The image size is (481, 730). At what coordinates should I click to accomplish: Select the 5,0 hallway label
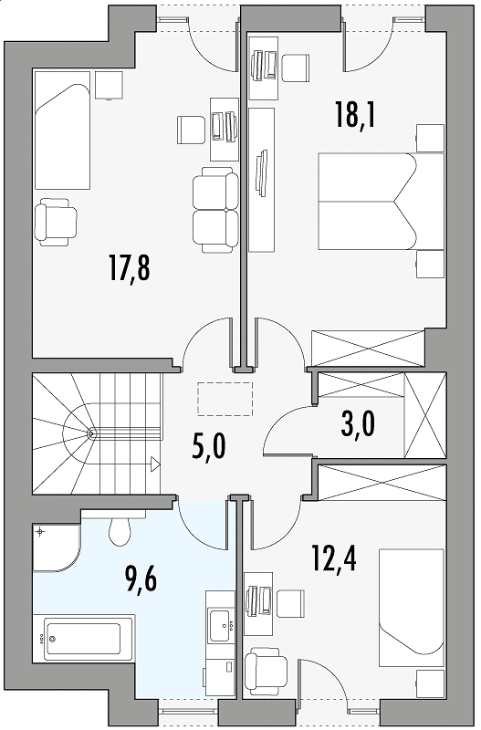(208, 447)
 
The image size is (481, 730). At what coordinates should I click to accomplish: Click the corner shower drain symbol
(41, 531)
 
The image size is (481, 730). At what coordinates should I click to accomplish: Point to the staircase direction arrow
(155, 464)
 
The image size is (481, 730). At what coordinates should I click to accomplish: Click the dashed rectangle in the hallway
(225, 399)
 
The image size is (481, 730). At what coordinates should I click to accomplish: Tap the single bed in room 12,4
(412, 608)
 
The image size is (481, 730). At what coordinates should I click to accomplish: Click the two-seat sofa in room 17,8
(215, 212)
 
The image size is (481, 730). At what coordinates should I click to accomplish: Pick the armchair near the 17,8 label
(56, 222)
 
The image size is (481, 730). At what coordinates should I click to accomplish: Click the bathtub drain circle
(53, 639)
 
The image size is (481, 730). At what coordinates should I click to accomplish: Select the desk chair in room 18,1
(296, 68)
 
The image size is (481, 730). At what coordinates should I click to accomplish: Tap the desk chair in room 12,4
(291, 604)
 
